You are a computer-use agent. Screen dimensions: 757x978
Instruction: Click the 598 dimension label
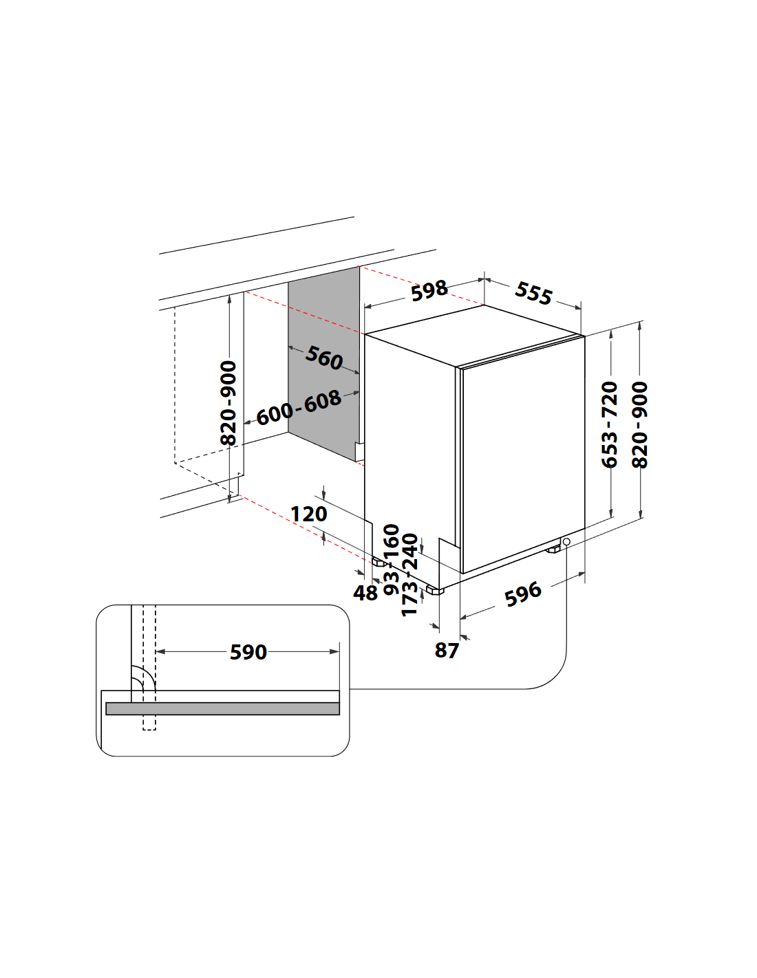tap(429, 290)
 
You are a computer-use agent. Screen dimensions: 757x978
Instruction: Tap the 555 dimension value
tap(533, 294)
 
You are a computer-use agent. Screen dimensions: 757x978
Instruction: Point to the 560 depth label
tap(323, 358)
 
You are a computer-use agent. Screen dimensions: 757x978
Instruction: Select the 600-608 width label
tap(299, 408)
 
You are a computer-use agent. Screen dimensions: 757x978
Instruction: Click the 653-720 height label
tap(610, 424)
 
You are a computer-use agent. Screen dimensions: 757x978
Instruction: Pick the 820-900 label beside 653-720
tap(640, 424)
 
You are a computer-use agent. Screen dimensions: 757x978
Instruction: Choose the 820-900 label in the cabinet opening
tap(228, 403)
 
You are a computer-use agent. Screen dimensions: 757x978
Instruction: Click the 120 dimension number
tap(308, 514)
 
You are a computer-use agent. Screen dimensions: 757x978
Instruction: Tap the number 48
tap(365, 593)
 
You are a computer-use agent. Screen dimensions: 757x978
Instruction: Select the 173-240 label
tap(409, 575)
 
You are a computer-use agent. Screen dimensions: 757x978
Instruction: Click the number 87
tap(446, 651)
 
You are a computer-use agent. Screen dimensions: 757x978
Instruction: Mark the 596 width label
tap(522, 594)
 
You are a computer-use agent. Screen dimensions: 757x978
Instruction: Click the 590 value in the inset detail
tap(248, 652)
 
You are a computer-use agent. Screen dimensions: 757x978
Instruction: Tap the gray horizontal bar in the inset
tap(222, 708)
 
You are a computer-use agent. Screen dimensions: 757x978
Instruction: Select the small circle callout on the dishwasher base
tap(566, 541)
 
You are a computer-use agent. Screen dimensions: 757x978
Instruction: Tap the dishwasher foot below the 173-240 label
tap(434, 590)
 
